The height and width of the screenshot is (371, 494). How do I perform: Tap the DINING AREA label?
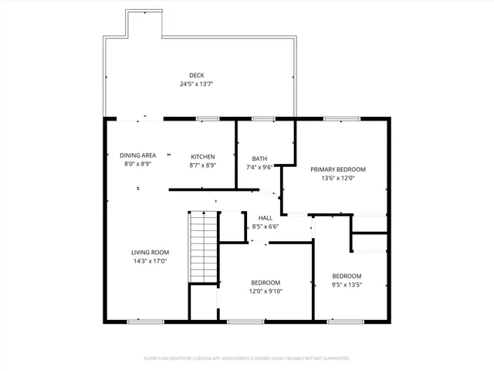coord(137,156)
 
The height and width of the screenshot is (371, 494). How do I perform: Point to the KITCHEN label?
coord(203,156)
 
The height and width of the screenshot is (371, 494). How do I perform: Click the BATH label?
coord(259,158)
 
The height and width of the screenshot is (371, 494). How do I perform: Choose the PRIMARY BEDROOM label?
coord(337,169)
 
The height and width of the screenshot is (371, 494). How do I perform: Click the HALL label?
coord(266,219)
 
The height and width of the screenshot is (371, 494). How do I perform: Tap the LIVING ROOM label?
coord(149,253)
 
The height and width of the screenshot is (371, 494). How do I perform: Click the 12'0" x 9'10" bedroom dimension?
coord(266,291)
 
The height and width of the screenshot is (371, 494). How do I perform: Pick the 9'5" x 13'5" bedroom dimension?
coord(347,284)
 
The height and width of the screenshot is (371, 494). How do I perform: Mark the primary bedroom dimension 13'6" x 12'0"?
coord(337,178)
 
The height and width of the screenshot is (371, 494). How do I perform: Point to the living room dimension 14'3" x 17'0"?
coord(149,261)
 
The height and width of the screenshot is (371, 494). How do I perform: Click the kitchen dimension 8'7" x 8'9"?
coord(203,165)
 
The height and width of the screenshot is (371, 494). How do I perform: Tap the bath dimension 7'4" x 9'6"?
coord(259,167)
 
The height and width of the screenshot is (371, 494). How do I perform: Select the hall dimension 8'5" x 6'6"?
coord(266,226)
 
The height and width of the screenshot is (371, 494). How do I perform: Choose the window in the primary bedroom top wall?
coord(337,119)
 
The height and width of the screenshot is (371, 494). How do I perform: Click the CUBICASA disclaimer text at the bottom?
coord(247,359)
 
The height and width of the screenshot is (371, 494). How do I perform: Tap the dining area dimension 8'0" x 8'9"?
coord(137,165)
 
